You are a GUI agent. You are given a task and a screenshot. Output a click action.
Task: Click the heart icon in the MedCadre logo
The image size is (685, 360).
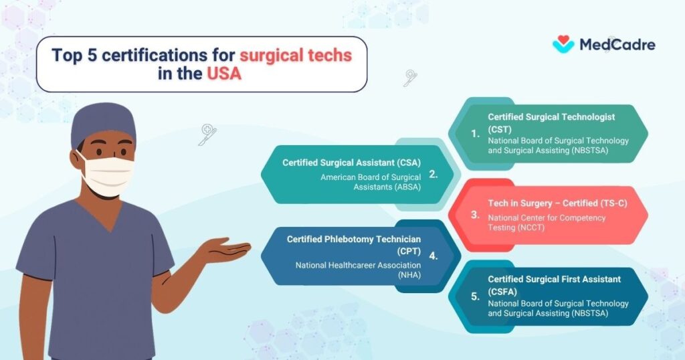[x=563, y=43]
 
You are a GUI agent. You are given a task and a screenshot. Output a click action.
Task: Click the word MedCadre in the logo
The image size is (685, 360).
[x=617, y=45]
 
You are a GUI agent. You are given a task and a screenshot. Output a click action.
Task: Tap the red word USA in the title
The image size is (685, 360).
[x=223, y=74]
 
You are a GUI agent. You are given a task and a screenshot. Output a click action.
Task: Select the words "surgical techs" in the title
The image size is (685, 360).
[x=296, y=56]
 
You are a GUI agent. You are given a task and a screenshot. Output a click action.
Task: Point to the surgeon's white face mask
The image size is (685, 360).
[x=108, y=175]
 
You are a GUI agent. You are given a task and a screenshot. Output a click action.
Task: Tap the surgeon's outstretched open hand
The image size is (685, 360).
[x=225, y=249]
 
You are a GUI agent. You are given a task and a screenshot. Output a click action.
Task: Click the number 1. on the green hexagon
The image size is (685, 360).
[x=476, y=134]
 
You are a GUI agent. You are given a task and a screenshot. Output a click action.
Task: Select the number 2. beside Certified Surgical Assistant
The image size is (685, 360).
[x=433, y=175]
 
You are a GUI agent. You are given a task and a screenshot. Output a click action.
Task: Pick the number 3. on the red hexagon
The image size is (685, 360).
[x=476, y=215]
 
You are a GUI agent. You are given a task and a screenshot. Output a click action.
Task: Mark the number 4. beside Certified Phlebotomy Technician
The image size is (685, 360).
[x=433, y=256]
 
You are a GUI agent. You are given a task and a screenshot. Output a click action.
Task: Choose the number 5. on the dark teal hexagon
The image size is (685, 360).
[x=476, y=296]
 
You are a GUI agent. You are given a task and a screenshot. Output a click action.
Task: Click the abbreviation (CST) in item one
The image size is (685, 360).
[x=500, y=129]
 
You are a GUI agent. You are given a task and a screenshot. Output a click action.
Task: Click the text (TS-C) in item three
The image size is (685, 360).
[x=613, y=203]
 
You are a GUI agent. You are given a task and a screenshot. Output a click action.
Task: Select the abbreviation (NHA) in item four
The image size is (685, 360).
[x=409, y=275]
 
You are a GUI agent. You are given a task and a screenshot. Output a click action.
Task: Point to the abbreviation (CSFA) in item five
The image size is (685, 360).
[x=502, y=292]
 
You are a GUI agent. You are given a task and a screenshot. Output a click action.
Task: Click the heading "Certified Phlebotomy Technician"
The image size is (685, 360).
[x=354, y=239]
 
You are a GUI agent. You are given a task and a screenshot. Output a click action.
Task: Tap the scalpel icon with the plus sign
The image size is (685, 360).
[x=207, y=134]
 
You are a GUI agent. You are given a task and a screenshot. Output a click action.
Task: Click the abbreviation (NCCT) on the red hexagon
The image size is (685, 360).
[x=530, y=228]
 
